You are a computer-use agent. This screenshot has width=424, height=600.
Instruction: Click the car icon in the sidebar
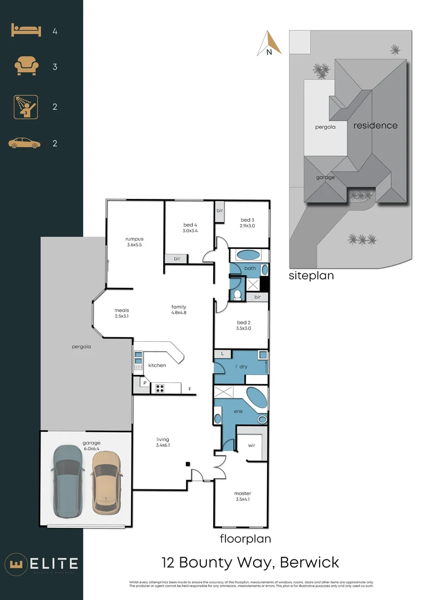coord(24,144)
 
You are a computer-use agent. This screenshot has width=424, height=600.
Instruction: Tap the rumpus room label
coord(135,242)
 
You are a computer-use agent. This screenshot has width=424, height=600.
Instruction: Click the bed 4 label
coord(190,227)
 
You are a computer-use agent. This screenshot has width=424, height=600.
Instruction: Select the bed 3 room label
coord(247,223)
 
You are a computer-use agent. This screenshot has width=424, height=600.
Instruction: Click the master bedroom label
coord(243,496)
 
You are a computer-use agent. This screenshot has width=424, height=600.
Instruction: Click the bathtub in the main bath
coord(248,256)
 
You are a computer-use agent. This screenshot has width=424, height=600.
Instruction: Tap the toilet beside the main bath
coord(237,294)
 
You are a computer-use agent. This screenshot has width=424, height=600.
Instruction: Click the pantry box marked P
coord(145,383)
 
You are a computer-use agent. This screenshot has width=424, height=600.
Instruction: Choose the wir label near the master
coord(251,445)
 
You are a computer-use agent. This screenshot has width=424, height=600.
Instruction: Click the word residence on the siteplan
coord(375,126)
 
